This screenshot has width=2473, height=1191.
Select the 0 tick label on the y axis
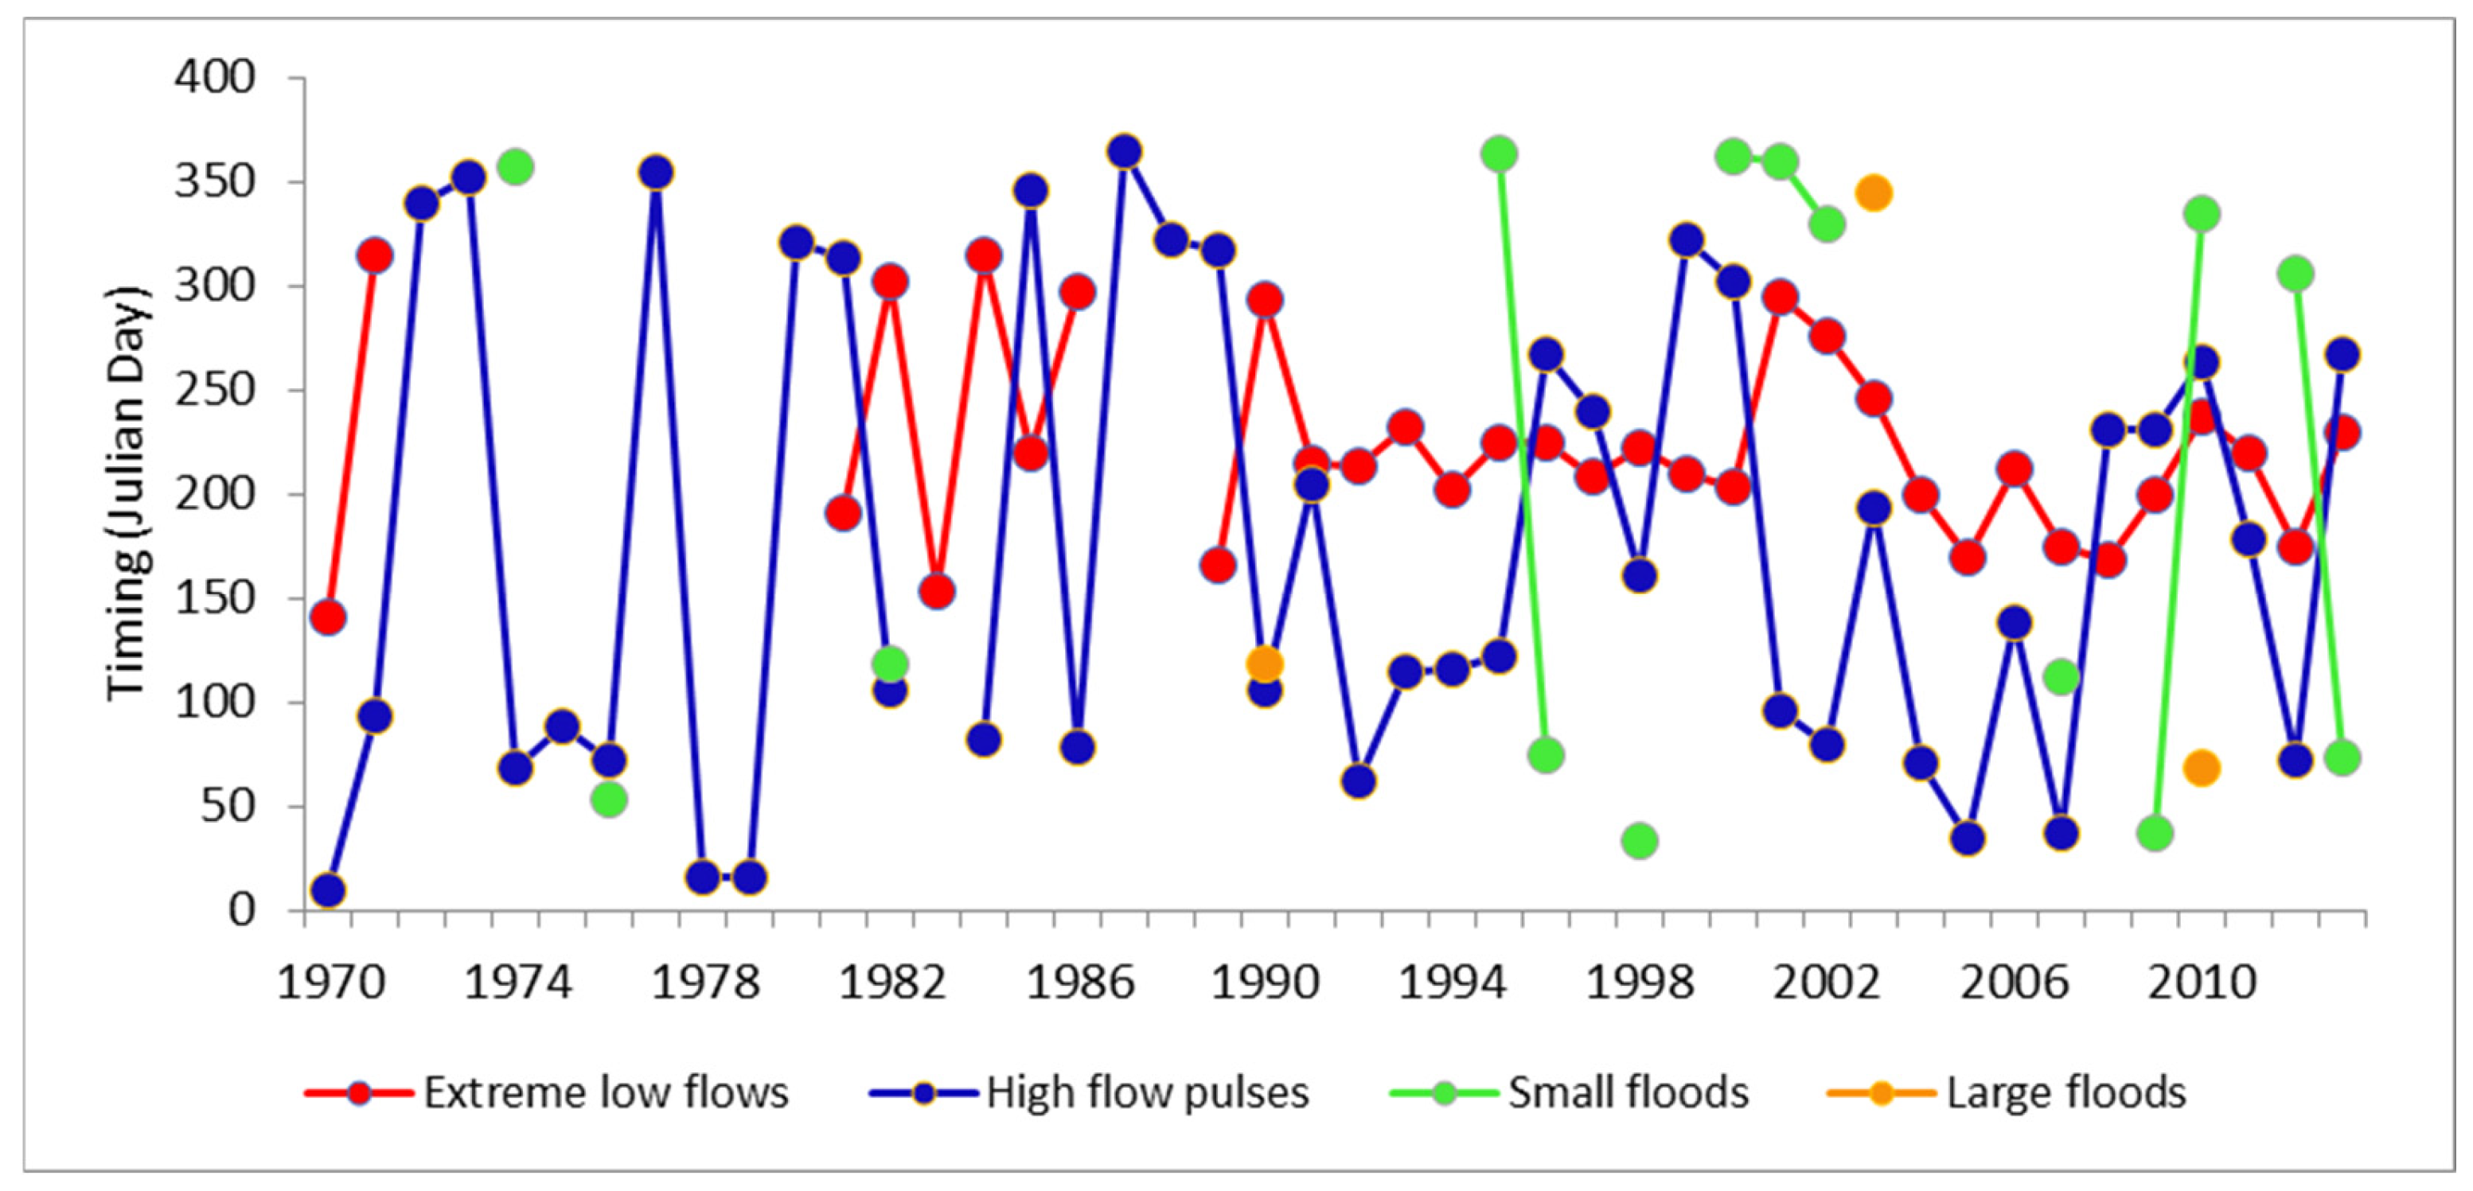(x=241, y=909)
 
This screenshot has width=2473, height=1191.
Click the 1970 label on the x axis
(x=330, y=983)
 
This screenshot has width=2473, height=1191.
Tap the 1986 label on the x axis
(x=1080, y=983)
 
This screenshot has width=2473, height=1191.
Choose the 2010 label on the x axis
(x=2202, y=983)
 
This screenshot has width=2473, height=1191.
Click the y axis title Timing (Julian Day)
(x=127, y=493)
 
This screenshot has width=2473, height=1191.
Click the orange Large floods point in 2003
(x=1873, y=193)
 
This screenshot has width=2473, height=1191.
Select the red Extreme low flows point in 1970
(x=328, y=617)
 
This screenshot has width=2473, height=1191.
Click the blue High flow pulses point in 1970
(x=328, y=890)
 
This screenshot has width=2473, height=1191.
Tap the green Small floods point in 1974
(x=516, y=167)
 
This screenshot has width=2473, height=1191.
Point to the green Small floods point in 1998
(x=1640, y=841)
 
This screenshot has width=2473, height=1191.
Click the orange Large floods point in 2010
(x=2202, y=768)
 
